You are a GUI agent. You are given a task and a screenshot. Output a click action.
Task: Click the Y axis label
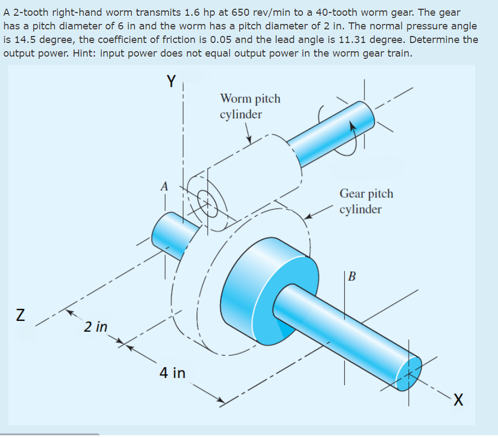coord(171,82)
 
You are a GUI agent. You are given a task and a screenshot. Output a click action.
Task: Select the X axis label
coord(459,401)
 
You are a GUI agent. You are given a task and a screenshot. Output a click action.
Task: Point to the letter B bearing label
coord(351,277)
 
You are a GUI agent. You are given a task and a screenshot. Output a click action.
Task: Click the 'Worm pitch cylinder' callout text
coord(250,106)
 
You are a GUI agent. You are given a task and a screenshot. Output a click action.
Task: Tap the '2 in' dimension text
coord(96,327)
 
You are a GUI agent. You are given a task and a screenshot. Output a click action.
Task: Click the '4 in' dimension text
coord(172,373)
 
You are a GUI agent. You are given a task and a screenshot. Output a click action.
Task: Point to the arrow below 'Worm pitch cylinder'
coord(247,134)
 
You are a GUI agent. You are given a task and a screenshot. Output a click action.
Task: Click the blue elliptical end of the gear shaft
coord(409,373)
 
